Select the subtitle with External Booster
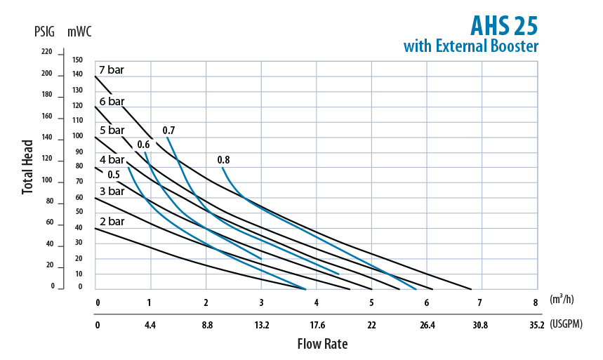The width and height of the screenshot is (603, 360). [470, 47]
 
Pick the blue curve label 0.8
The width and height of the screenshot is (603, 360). [223, 160]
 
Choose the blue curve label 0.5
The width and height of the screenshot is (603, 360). [113, 174]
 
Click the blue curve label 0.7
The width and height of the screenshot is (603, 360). [168, 131]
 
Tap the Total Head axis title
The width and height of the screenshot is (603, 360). [27, 167]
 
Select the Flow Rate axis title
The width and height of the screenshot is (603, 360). [322, 344]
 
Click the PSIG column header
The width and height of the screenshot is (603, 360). [44, 32]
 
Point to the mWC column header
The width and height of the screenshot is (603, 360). [79, 32]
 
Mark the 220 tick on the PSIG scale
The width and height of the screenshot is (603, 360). [47, 52]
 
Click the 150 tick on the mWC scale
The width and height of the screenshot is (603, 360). [78, 60]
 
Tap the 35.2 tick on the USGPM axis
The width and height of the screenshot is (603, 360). [536, 325]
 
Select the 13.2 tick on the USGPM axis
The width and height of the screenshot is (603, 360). [261, 325]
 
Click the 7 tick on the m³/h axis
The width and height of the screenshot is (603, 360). [480, 303]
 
